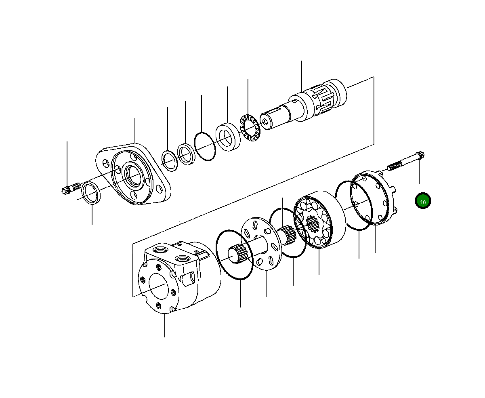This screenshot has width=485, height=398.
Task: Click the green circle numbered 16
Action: (423, 200)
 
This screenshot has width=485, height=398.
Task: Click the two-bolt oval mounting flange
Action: (133, 174)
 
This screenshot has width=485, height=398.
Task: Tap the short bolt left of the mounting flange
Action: (71, 188)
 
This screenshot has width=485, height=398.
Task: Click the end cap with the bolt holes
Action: (374, 198)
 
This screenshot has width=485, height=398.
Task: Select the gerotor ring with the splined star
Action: (319, 219)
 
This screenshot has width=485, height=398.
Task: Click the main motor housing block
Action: (179, 277)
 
